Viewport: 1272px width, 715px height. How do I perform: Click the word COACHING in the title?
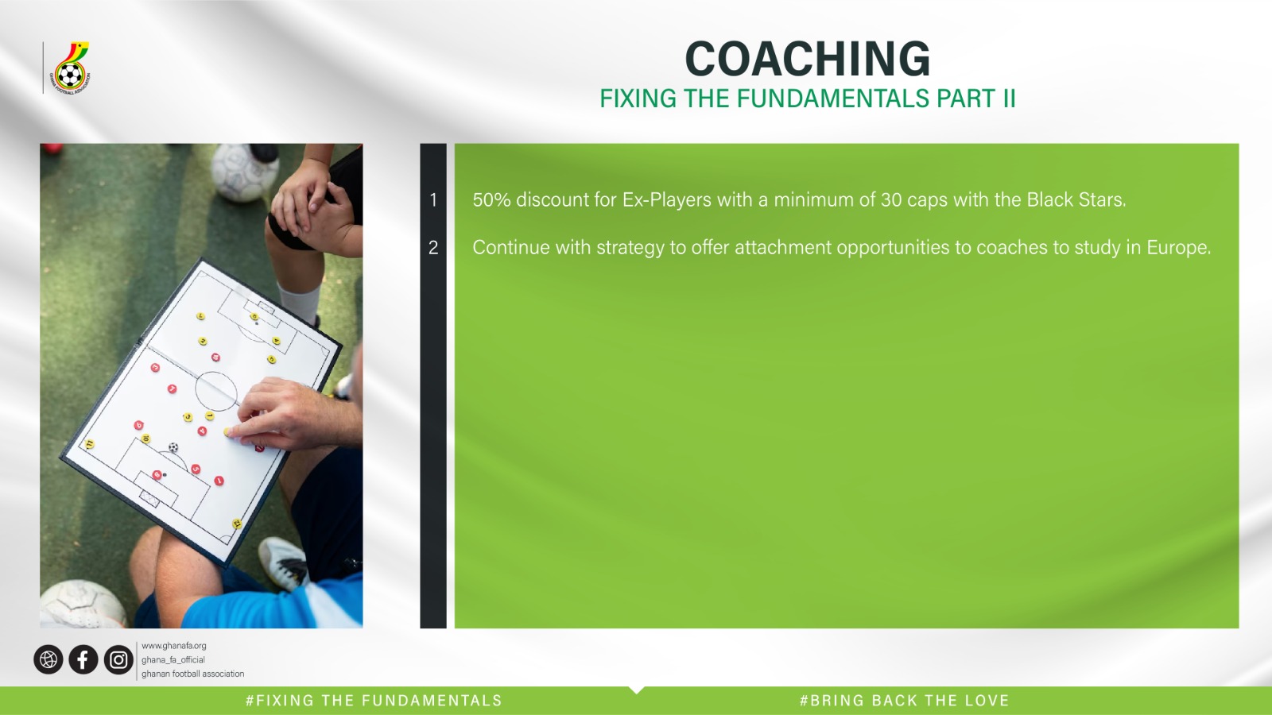point(808,59)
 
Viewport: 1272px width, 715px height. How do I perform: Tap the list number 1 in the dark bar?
point(433,199)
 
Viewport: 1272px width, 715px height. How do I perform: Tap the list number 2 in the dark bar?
point(433,247)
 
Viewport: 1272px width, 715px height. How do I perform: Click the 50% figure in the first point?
point(492,199)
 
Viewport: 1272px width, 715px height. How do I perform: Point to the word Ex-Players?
point(667,199)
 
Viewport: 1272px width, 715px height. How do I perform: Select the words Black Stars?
point(1076,199)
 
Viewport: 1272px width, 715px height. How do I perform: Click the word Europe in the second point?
point(1179,247)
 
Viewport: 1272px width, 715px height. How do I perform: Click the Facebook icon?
point(83,659)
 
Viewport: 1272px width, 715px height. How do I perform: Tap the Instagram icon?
point(118,659)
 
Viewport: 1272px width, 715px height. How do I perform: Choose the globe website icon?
point(48,659)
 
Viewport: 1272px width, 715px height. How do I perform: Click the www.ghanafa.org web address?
point(174,646)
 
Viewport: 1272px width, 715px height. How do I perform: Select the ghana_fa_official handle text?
point(173,660)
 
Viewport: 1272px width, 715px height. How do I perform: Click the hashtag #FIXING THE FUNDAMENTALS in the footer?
point(374,701)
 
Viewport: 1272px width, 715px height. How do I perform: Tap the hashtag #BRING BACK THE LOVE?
point(904,701)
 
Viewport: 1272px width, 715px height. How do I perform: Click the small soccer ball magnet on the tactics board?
point(173,447)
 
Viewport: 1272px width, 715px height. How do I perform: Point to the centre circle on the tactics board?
point(216,391)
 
